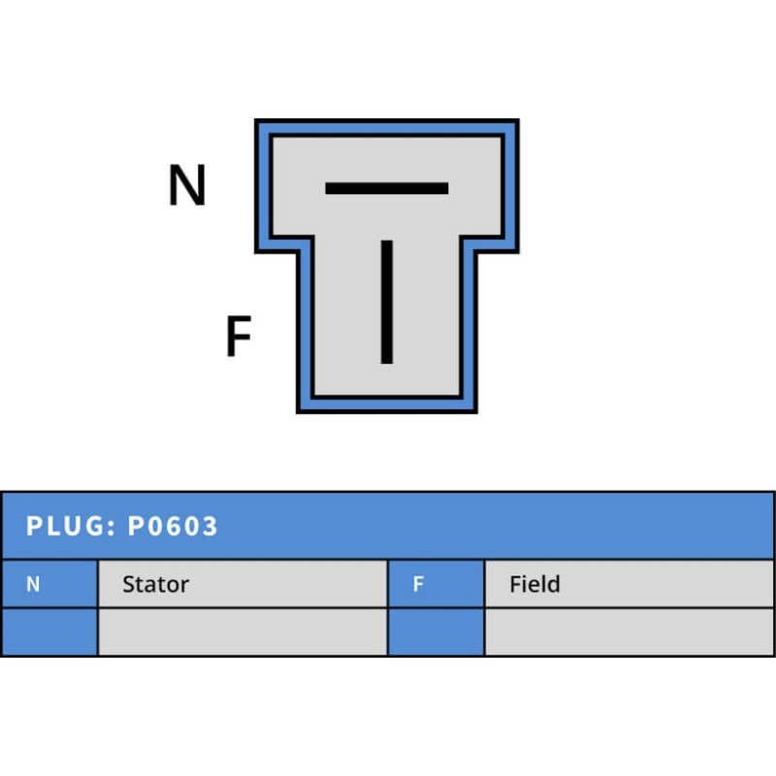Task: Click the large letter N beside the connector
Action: click(x=187, y=185)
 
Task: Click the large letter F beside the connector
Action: click(x=239, y=337)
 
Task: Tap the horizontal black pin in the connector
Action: click(x=386, y=188)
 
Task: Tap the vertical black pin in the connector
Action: click(x=386, y=302)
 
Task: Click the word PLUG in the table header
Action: click(x=63, y=527)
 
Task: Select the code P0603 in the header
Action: click(x=174, y=527)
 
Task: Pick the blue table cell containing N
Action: click(x=48, y=584)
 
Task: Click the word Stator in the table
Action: click(x=155, y=584)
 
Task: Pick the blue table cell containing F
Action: click(x=436, y=584)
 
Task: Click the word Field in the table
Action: click(x=534, y=584)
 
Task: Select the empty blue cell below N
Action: click(x=48, y=631)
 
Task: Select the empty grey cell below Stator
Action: click(x=242, y=631)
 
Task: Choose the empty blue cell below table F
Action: click(x=436, y=631)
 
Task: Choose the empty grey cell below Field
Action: click(x=630, y=631)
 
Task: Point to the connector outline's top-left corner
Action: click(x=257, y=122)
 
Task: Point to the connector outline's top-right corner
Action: click(x=517, y=122)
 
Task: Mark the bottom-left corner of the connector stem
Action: click(x=299, y=410)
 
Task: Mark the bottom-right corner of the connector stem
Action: click(x=475, y=410)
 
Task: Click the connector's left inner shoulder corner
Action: click(x=299, y=251)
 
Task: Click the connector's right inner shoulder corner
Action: click(x=475, y=251)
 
